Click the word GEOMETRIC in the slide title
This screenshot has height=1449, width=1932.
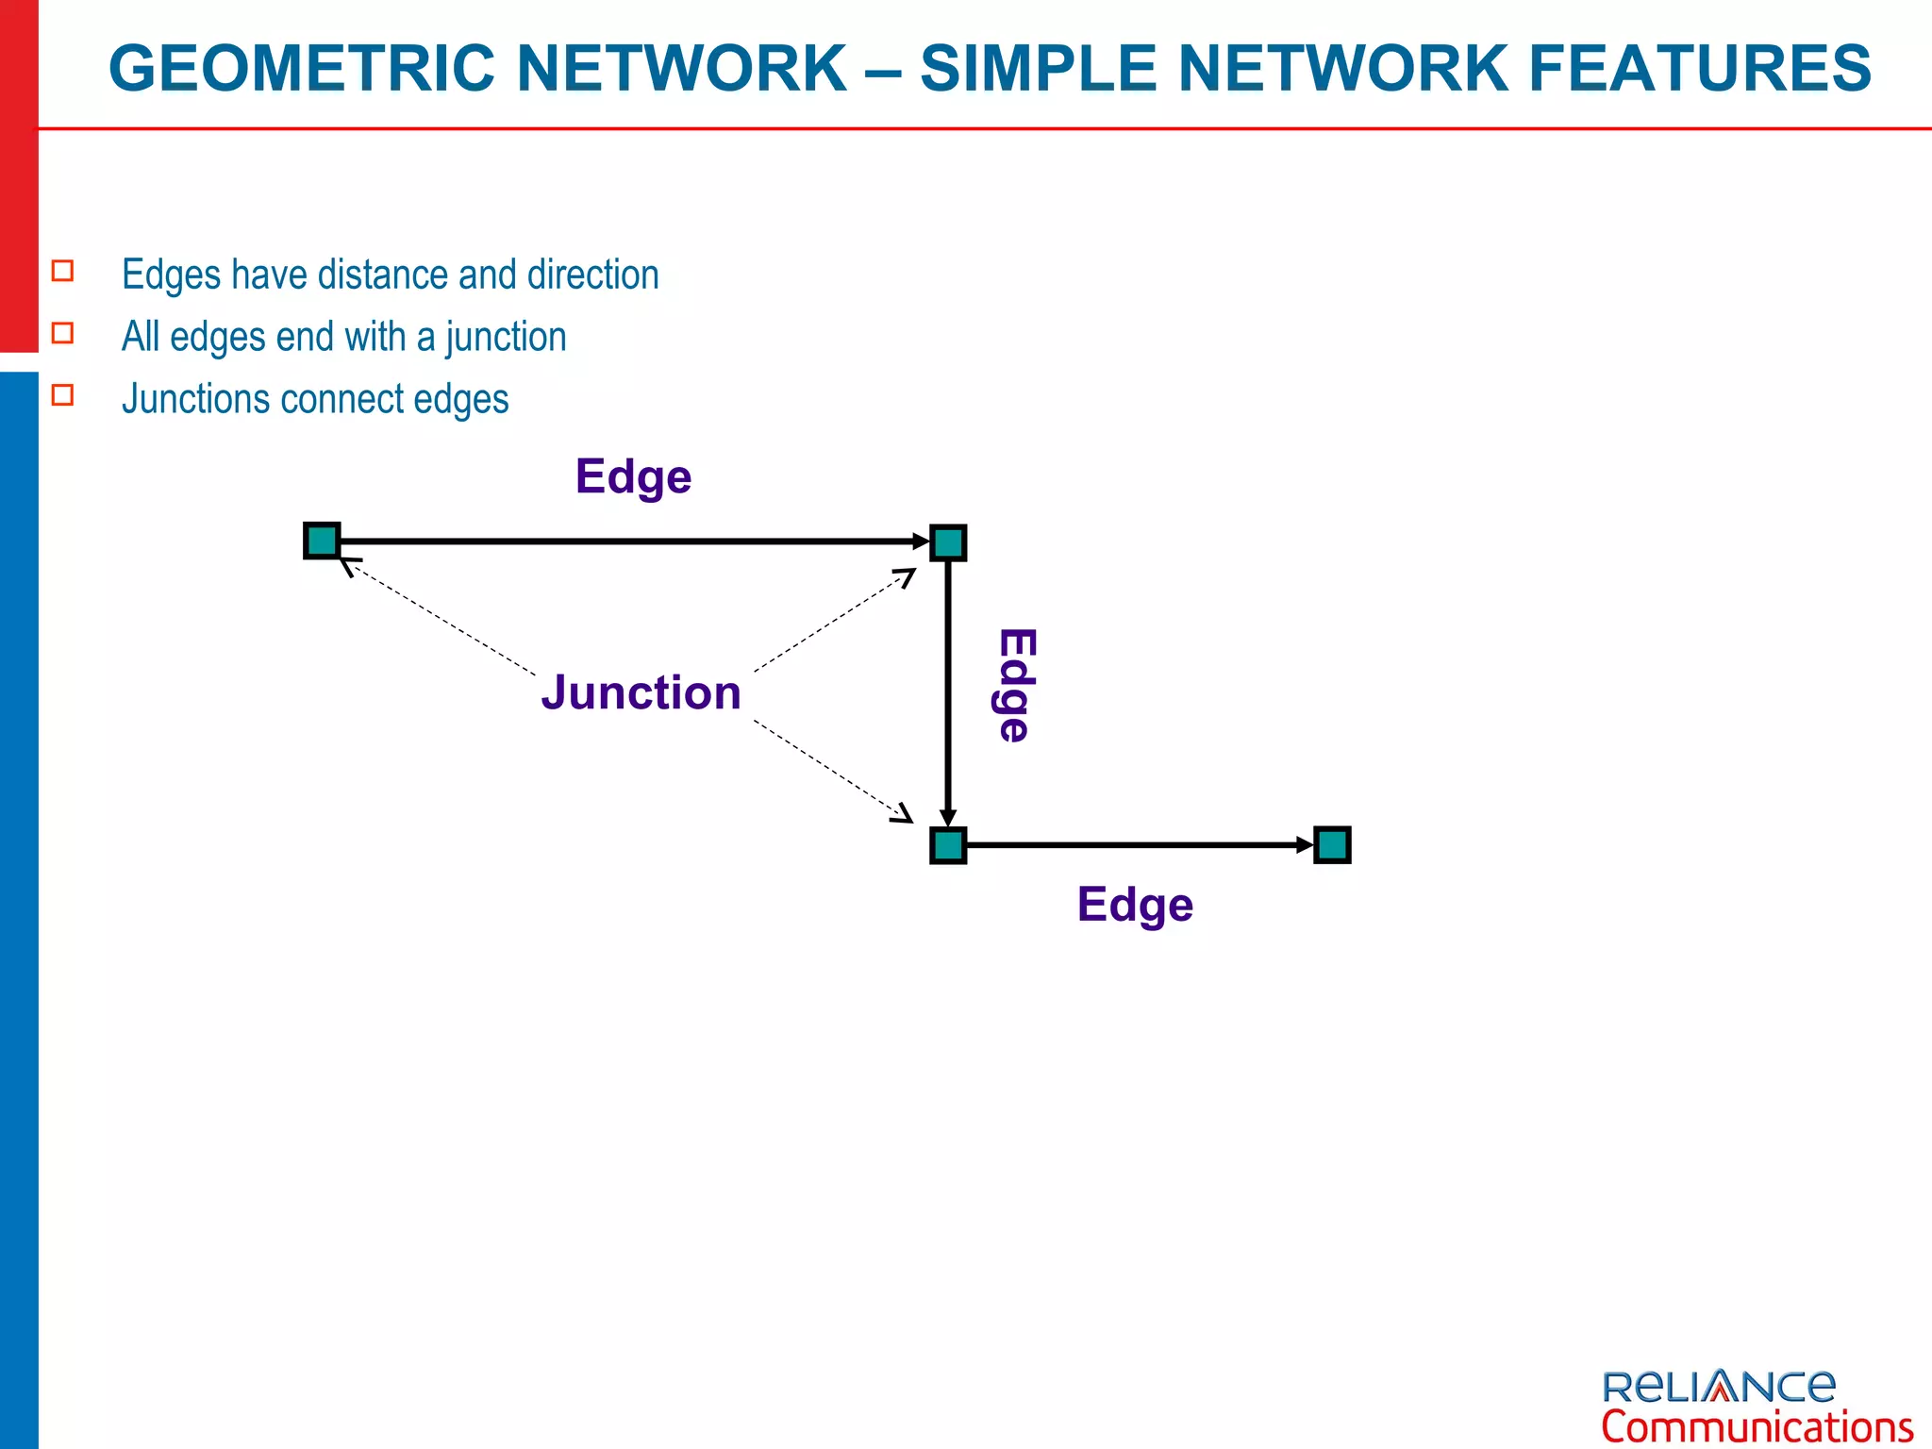302,69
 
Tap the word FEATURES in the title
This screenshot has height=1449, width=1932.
1699,69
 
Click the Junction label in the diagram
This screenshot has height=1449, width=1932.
641,692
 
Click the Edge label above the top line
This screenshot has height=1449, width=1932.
633,477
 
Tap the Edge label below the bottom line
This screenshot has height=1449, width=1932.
1135,905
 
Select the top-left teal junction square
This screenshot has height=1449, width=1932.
322,541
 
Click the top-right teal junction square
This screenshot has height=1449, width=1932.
948,542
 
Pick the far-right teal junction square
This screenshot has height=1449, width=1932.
1332,845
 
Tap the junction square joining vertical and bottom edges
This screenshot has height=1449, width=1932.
948,845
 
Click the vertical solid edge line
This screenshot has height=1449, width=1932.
948,689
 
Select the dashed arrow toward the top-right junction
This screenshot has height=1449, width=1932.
835,620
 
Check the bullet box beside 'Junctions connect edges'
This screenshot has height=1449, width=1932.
63,394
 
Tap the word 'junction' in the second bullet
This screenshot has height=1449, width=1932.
506,337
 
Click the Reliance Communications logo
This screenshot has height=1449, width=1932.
1756,1405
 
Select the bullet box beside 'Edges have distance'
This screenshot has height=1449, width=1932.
63,271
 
